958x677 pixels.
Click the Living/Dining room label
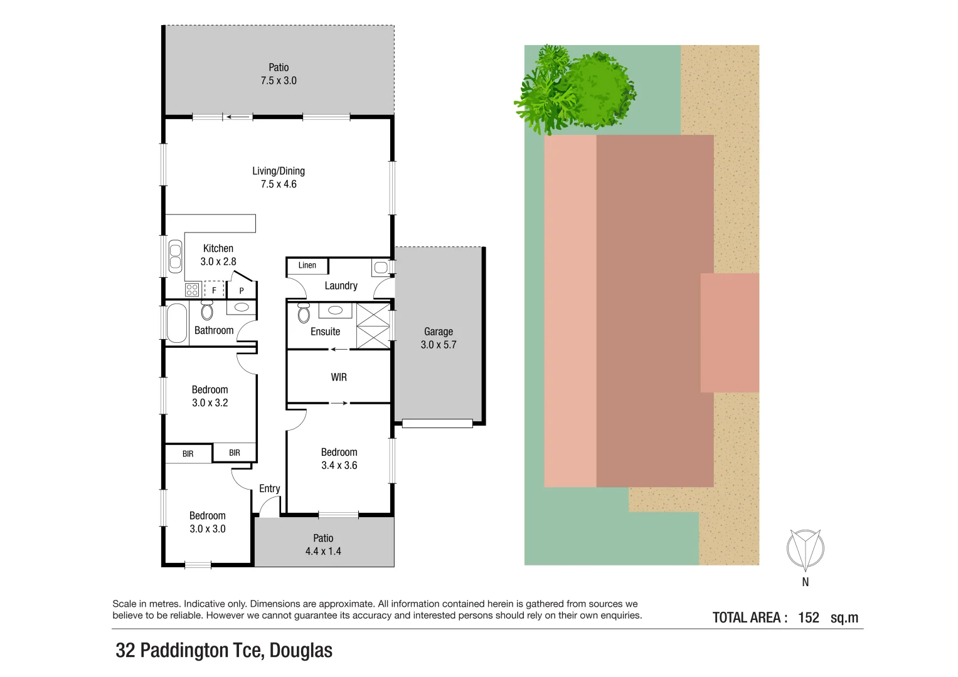[279, 171]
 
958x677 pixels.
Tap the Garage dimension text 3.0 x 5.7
[439, 345]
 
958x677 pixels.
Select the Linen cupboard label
[307, 265]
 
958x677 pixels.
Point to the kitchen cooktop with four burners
[193, 290]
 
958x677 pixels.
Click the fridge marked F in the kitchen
[214, 290]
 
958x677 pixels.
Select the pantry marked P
[242, 290]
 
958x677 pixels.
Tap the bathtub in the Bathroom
[177, 323]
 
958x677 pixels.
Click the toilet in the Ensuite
[304, 313]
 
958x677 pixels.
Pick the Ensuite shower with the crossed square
[373, 325]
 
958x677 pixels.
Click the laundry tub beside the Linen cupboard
[381, 268]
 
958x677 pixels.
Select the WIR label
[339, 377]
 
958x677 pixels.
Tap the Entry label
[270, 488]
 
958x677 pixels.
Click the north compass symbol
[806, 548]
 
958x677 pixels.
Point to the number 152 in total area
[809, 617]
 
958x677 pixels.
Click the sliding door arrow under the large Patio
[238, 117]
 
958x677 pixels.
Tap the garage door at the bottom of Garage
[437, 424]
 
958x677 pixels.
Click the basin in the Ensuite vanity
[336, 310]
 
